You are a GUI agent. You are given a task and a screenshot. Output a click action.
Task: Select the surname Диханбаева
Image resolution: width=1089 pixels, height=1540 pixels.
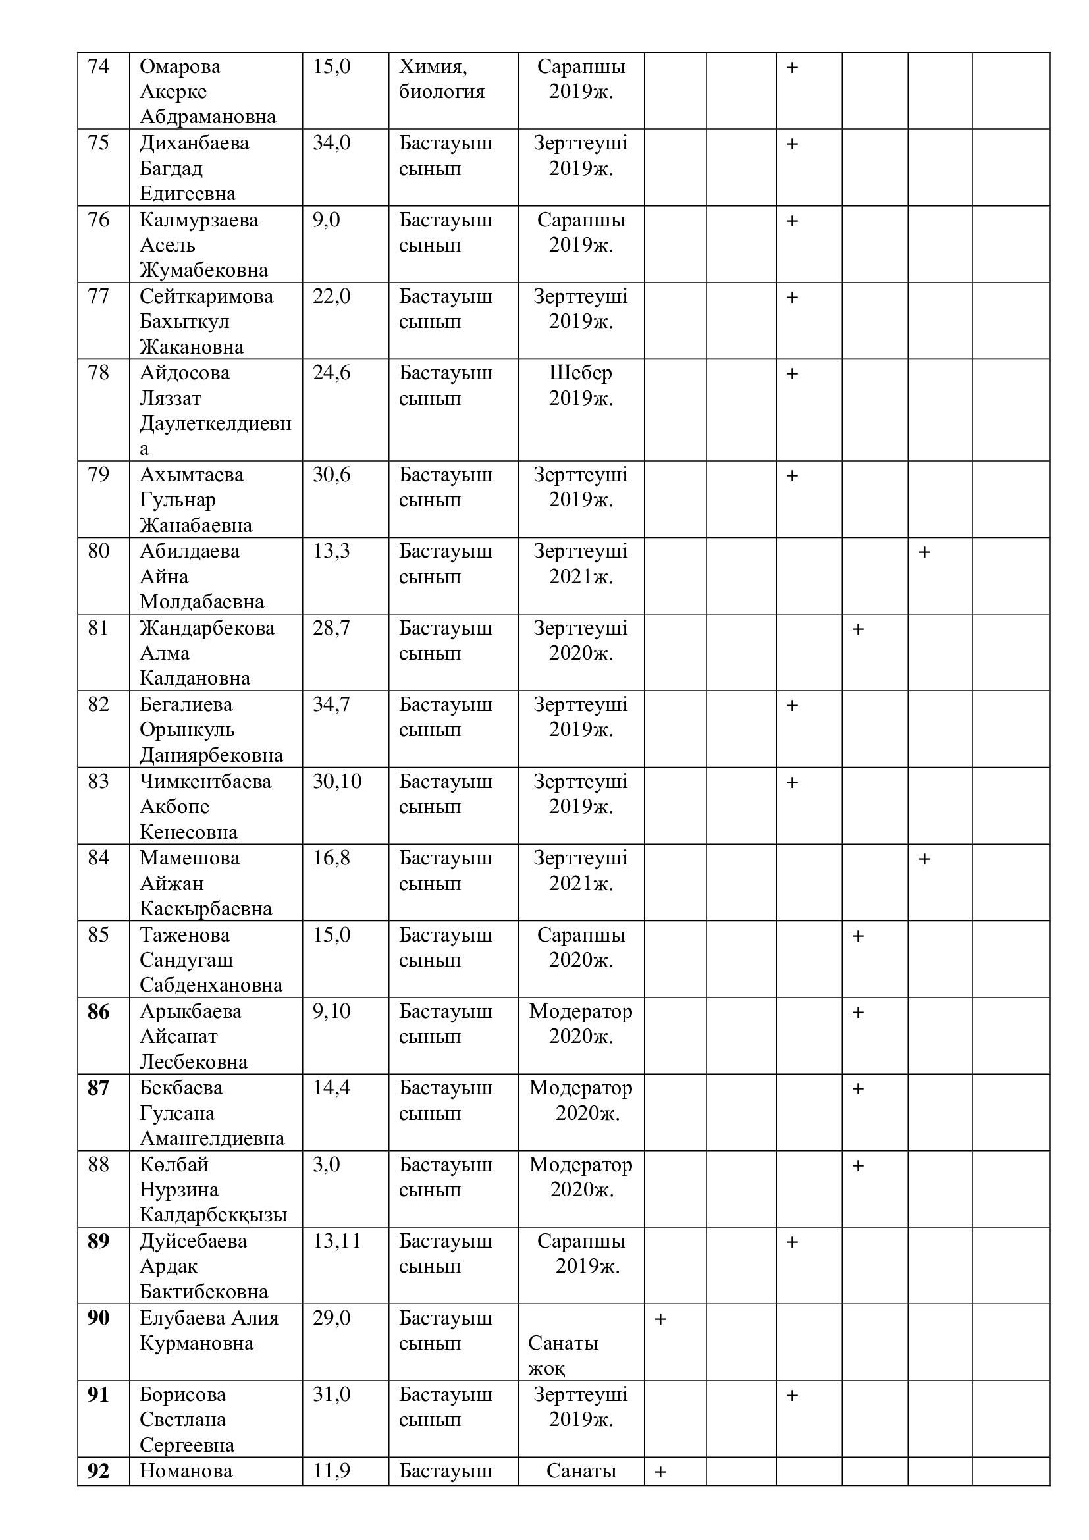(x=194, y=144)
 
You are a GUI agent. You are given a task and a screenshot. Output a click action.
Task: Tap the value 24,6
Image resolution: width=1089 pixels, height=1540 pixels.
(x=331, y=373)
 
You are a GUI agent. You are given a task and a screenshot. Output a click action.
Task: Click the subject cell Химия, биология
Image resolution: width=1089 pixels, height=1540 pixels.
(x=441, y=79)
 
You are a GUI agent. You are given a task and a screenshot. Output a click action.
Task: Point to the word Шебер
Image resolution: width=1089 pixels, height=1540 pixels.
(x=580, y=373)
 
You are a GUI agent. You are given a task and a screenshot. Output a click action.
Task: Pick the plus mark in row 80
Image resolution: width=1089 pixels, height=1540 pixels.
(x=924, y=552)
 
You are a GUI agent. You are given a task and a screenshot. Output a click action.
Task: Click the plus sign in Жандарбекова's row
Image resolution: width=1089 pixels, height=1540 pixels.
(x=858, y=629)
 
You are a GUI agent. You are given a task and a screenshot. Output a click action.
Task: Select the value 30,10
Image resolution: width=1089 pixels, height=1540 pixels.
(x=336, y=782)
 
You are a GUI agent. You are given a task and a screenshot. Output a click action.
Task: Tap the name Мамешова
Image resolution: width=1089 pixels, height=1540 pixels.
(x=189, y=858)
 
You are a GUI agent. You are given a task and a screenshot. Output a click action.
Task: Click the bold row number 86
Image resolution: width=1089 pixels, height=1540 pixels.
(x=98, y=1011)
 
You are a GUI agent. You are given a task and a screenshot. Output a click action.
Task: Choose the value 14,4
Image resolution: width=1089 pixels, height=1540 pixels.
(x=331, y=1088)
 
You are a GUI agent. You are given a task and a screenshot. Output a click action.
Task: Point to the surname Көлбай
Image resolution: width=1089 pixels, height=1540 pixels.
(x=174, y=1165)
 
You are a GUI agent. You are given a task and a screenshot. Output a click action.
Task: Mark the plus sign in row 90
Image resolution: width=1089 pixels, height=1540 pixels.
(x=660, y=1319)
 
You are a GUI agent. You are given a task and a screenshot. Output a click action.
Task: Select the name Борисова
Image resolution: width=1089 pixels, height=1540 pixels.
(x=182, y=1395)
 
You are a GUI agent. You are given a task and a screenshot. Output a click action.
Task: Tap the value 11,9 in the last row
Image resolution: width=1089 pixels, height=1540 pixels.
(x=331, y=1472)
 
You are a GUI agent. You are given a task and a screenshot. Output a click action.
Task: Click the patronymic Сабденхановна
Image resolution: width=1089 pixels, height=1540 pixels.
(x=211, y=986)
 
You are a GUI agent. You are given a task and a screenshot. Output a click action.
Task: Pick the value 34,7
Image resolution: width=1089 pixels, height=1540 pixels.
(x=331, y=705)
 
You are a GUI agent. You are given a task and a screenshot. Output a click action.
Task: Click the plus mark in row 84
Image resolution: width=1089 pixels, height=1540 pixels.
(x=924, y=859)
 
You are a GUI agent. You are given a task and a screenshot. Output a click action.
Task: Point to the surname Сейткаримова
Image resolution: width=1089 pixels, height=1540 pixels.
(x=206, y=296)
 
